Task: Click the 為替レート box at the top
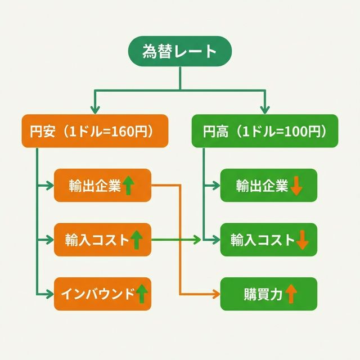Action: pyautogui.click(x=180, y=52)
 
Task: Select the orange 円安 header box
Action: pyautogui.click(x=94, y=132)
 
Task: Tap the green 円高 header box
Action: pyautogui.click(x=265, y=132)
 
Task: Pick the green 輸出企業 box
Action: pyautogui.click(x=268, y=185)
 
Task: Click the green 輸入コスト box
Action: pyautogui.click(x=268, y=240)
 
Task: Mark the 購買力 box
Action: pyautogui.click(x=268, y=294)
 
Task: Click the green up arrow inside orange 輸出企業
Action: pyautogui.click(x=129, y=185)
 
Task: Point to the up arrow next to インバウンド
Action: pyautogui.click(x=141, y=294)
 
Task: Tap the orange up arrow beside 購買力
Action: pyautogui.click(x=291, y=294)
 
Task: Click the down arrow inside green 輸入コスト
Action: pyautogui.click(x=302, y=240)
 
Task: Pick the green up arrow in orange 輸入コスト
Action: pyautogui.click(x=136, y=240)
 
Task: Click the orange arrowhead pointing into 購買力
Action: pyautogui.click(x=215, y=294)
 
